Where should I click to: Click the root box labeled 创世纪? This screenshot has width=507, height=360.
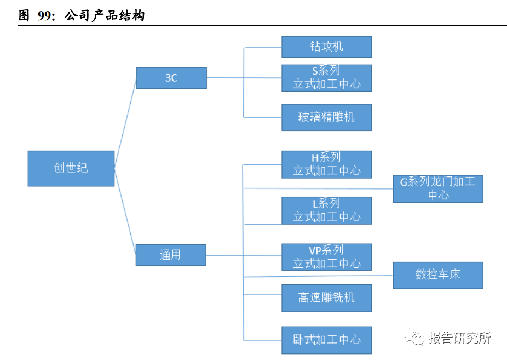[71, 168]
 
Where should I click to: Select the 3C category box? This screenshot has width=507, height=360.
[171, 78]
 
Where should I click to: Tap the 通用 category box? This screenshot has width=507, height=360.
[171, 255]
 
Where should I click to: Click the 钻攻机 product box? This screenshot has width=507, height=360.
[326, 47]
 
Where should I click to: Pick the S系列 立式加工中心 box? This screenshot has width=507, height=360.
[326, 78]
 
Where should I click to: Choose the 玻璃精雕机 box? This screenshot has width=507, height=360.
[326, 117]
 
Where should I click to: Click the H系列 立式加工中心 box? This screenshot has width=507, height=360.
[326, 164]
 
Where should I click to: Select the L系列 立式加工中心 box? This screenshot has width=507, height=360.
[326, 210]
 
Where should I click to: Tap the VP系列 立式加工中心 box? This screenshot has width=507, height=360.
[326, 257]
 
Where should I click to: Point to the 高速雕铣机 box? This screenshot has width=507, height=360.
[326, 298]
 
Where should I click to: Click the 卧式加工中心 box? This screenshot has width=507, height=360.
[326, 340]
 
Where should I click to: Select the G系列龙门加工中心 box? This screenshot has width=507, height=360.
[438, 189]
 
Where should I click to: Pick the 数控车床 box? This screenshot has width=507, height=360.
[438, 275]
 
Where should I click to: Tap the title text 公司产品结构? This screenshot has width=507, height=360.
[105, 15]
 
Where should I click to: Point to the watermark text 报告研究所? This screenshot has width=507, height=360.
[459, 338]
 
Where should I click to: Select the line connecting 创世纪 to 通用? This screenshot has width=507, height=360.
[125, 212]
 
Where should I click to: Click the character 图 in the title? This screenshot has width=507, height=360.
[24, 15]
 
